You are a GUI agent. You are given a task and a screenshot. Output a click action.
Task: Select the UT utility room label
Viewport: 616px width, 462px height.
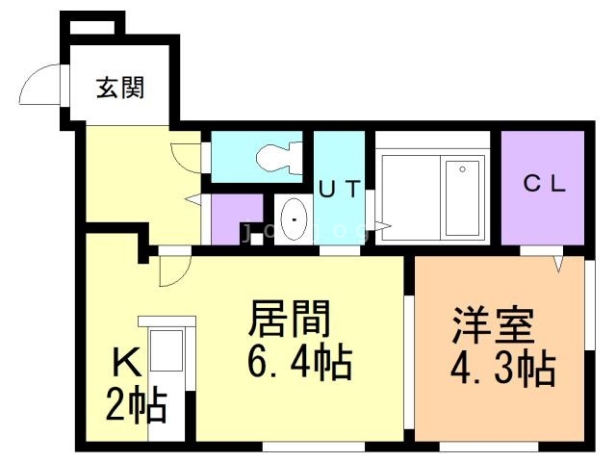click(339, 190)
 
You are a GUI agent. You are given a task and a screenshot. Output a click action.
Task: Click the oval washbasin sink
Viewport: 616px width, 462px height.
click(293, 220)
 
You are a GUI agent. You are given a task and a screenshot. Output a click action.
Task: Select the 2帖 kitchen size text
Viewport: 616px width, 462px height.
click(136, 405)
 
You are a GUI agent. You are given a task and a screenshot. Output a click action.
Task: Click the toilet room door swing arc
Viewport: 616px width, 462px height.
click(188, 156)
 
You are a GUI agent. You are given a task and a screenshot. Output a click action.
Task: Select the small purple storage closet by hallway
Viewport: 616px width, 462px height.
click(236, 218)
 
